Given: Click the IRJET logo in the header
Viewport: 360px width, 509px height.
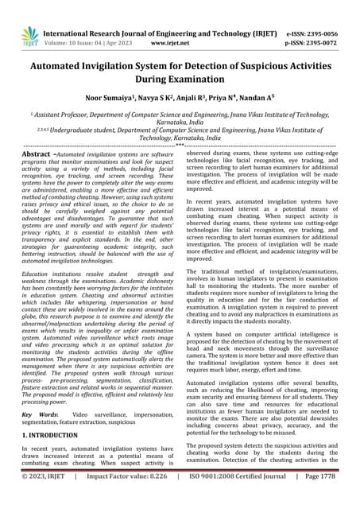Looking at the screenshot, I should [x=29, y=33].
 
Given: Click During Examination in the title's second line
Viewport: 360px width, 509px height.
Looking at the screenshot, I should [x=180, y=83].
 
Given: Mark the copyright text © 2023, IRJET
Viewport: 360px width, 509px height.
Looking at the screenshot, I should [x=45, y=497].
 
